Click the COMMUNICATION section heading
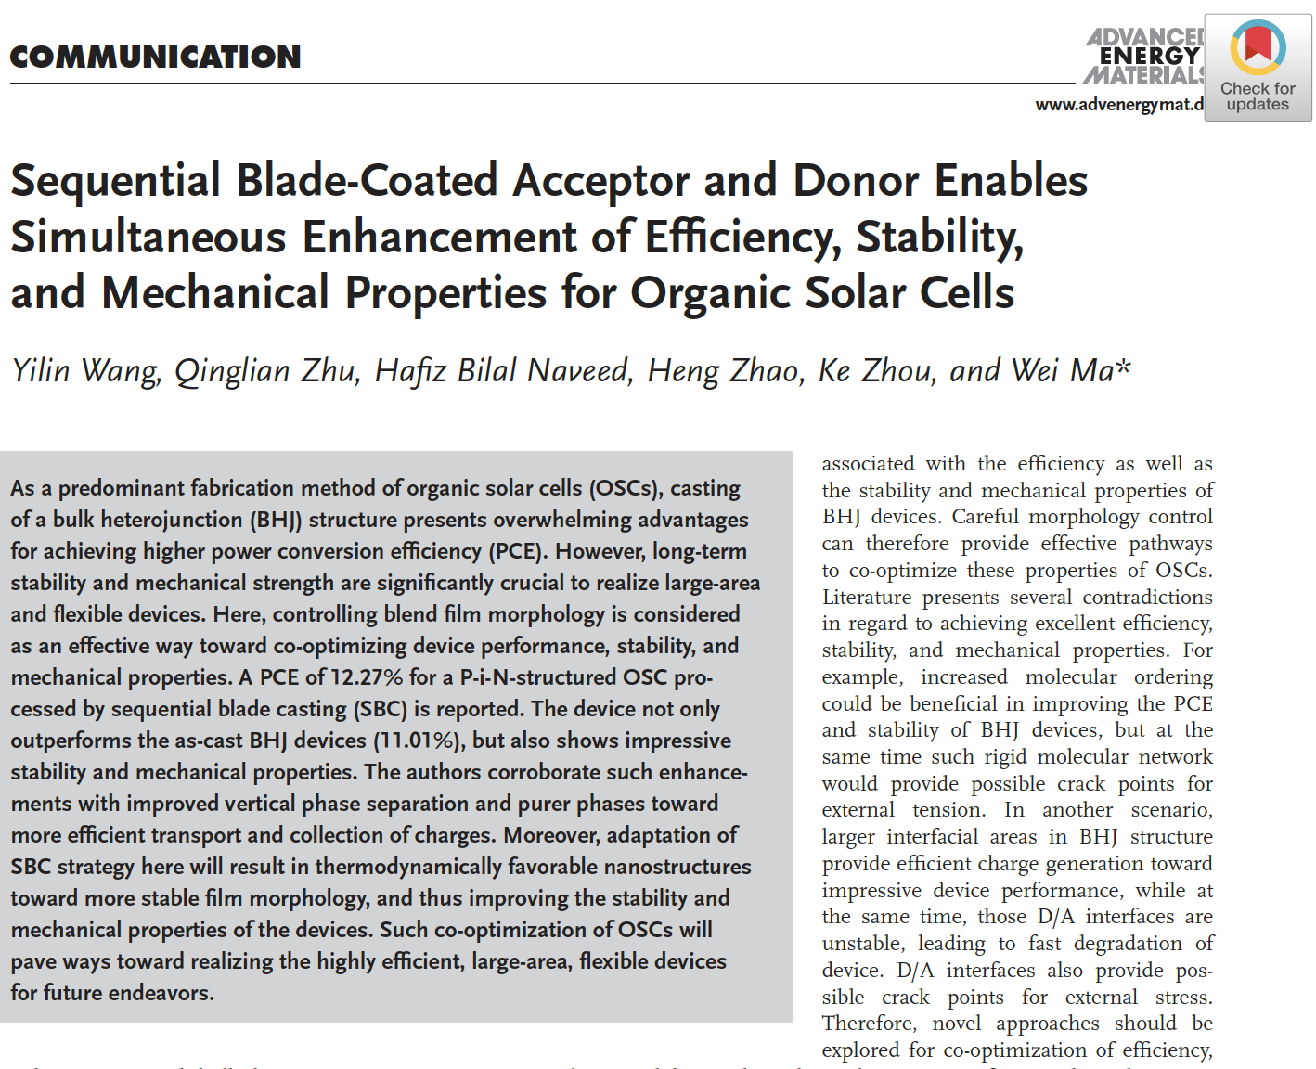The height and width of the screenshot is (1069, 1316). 155,58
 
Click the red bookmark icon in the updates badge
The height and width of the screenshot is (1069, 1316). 1258,44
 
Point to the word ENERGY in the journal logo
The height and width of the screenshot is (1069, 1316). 1149,56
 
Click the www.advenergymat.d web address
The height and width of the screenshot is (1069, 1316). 1119,105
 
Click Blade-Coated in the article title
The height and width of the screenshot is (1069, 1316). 367,181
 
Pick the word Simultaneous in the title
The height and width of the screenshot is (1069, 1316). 148,238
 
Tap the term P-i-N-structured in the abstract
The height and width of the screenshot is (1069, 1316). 538,677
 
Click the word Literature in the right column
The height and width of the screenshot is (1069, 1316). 867,598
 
